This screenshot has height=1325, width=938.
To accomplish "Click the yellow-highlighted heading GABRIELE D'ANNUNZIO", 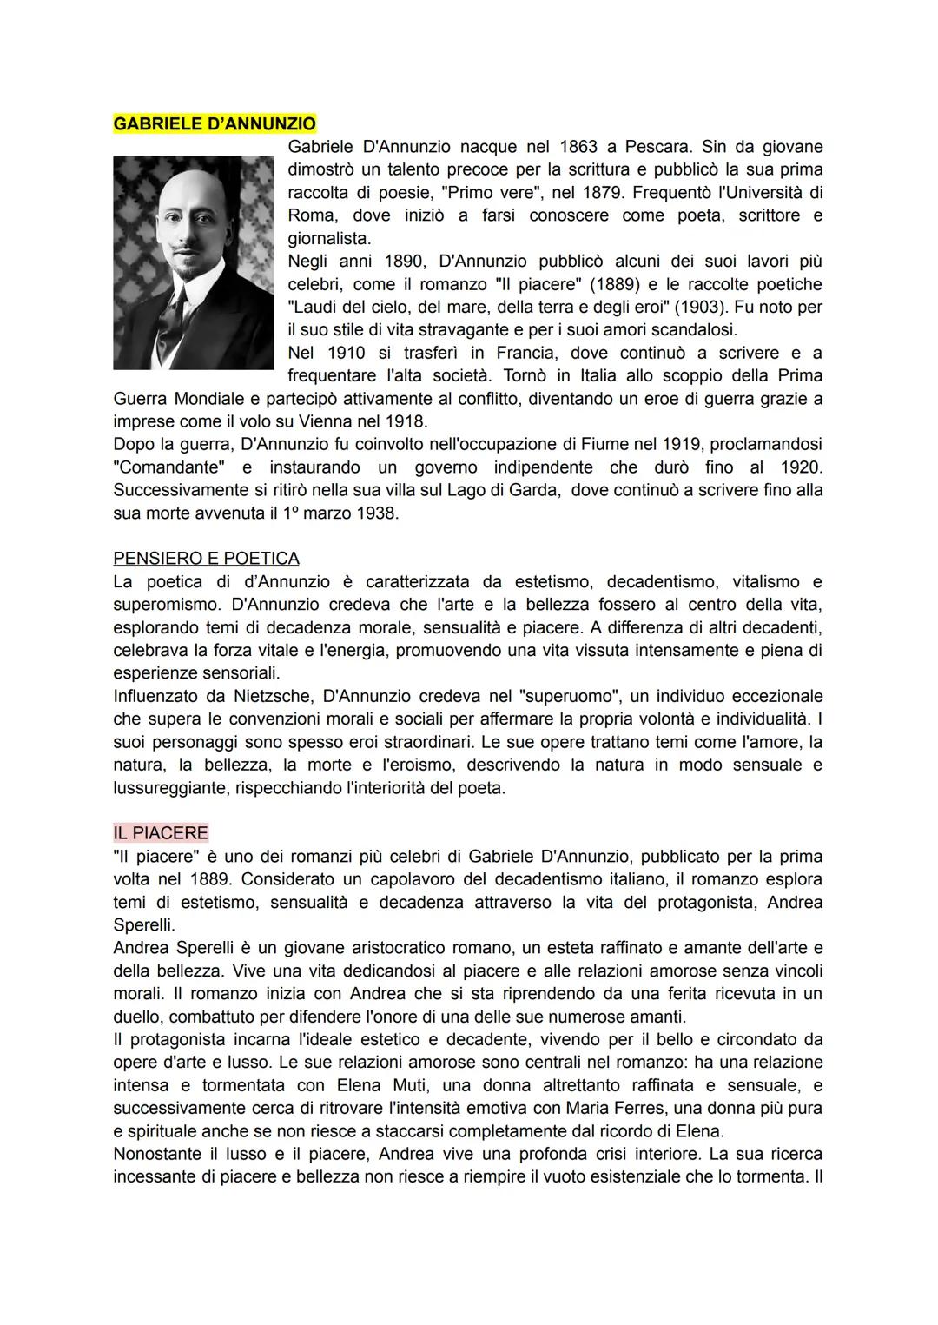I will (x=215, y=123).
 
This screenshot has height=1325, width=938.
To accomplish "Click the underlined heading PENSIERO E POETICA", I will (x=206, y=558).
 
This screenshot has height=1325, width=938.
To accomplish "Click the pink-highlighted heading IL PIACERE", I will (x=161, y=832).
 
